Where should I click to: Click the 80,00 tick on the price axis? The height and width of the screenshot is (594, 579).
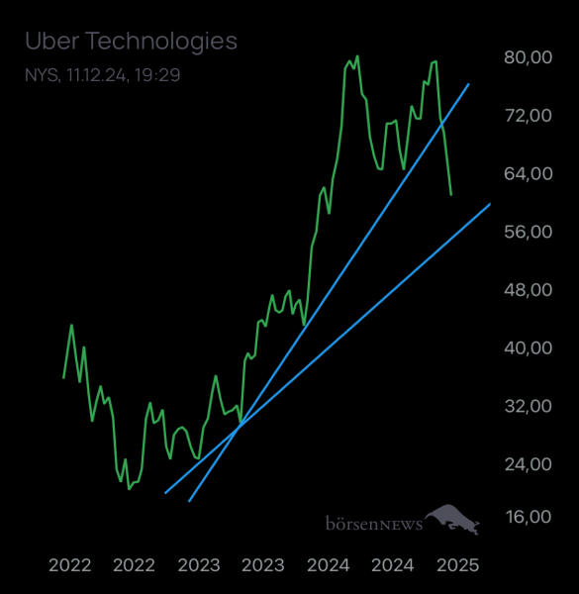point(527,57)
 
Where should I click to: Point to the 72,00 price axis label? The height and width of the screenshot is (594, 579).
point(527,116)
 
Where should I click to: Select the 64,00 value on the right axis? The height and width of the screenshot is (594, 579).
point(527,173)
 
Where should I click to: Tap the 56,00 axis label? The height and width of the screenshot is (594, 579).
point(527,232)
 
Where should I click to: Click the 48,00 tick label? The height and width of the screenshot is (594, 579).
point(527,290)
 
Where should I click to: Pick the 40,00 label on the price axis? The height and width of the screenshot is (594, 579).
point(527,347)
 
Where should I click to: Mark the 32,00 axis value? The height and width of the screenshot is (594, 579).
point(527,406)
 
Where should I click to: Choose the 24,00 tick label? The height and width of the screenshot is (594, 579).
point(527,464)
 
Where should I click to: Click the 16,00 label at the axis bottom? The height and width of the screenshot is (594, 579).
point(527,517)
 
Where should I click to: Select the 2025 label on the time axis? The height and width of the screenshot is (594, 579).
point(458,565)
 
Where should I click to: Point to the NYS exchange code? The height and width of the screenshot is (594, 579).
point(41,75)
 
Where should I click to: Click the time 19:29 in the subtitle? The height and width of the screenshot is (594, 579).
point(160,75)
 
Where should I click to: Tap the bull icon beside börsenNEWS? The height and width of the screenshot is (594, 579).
point(453,518)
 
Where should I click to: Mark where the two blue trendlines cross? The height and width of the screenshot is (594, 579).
point(241,425)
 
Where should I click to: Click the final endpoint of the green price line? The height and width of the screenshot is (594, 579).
point(450,195)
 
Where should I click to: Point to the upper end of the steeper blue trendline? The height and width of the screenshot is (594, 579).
point(468,85)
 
